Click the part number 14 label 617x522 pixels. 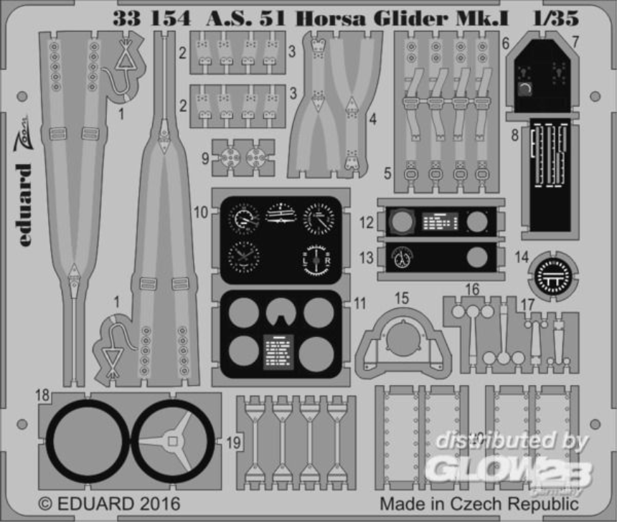(x=522, y=256)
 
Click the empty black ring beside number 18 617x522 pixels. (x=88, y=440)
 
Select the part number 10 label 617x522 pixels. (x=201, y=212)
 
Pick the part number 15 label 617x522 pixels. (x=402, y=298)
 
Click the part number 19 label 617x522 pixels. (x=234, y=443)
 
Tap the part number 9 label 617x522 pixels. (x=205, y=158)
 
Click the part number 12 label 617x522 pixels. (x=367, y=224)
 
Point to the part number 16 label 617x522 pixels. (x=472, y=290)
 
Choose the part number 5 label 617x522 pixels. (x=387, y=173)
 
